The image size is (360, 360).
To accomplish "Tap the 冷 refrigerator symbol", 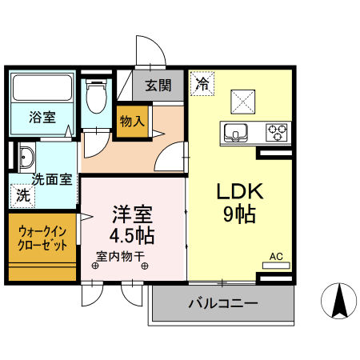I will [x=202, y=82].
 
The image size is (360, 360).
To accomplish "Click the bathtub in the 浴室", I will [x=42, y=87].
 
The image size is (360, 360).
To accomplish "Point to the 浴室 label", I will [x=42, y=118].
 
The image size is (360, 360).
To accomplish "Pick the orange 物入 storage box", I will [x=131, y=122].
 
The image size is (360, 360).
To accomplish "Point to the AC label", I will [x=276, y=256].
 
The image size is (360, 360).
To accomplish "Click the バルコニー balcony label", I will [x=223, y=304].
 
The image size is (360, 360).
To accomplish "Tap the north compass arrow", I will [x=339, y=303].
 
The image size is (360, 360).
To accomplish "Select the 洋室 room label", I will [x=132, y=214].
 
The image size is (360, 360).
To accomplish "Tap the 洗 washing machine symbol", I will [x=24, y=194].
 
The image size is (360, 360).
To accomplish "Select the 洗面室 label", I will [x=53, y=179].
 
